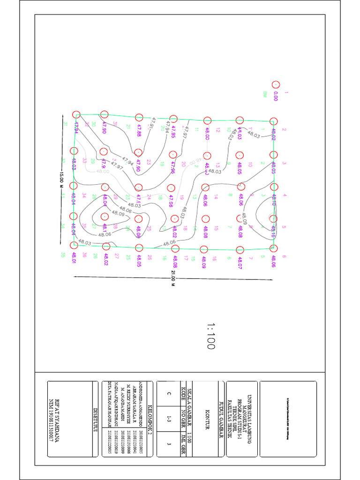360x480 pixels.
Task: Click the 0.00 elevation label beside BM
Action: click(276, 96)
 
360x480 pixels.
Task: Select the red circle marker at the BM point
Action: click(276, 84)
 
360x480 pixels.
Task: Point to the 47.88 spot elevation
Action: click(139, 130)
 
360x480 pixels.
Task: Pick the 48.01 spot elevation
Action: click(74, 258)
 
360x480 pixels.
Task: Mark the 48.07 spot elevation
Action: click(240, 263)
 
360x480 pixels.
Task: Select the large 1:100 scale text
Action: click(210, 336)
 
